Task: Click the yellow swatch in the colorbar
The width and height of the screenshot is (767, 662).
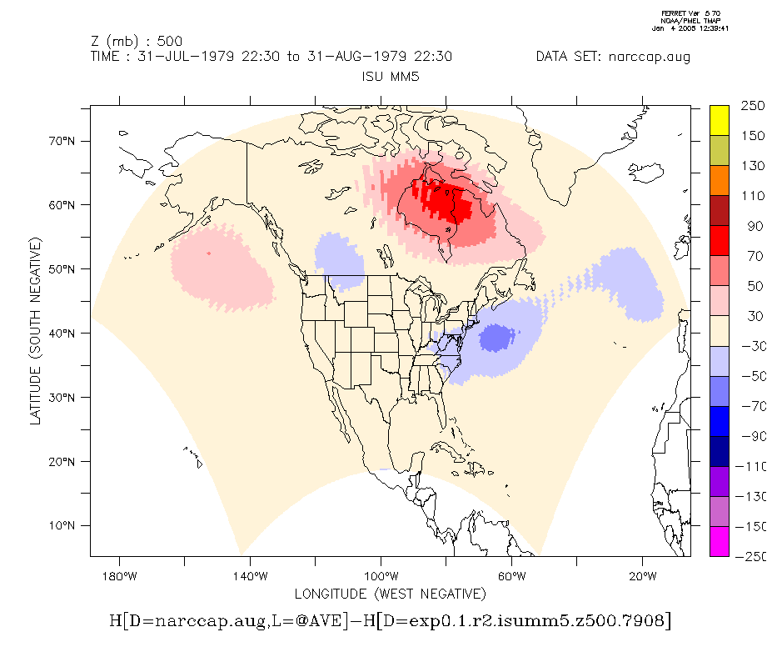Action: (x=720, y=120)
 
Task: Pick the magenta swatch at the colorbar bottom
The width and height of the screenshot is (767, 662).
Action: (x=720, y=542)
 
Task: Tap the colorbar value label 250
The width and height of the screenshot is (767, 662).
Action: (x=753, y=106)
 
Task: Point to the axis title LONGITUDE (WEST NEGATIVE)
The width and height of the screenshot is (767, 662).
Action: (x=390, y=594)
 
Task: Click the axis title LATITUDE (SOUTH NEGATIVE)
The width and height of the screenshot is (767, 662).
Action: (x=35, y=331)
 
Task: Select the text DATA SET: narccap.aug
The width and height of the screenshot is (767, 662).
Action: (x=613, y=57)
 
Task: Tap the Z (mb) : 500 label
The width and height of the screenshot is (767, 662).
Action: (x=136, y=41)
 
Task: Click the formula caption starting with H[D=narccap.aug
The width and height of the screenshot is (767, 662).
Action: (x=390, y=621)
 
